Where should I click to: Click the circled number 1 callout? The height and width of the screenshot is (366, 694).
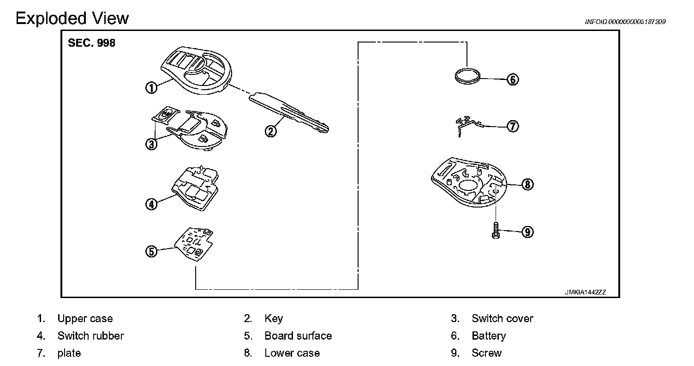coord(151,88)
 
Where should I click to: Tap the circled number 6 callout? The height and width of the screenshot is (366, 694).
coord(513,79)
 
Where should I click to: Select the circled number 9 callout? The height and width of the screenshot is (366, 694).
coord(527,232)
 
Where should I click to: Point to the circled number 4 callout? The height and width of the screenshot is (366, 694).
coord(151,204)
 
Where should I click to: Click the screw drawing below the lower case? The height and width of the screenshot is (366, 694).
coord(496,231)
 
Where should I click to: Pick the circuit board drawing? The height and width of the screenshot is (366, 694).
coord(194,244)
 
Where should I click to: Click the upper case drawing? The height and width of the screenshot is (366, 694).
coord(196,70)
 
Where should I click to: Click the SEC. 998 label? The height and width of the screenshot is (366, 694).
coord(91,43)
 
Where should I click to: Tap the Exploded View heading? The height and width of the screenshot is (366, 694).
coord(72,18)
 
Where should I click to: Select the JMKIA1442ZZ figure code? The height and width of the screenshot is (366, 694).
coord(585,292)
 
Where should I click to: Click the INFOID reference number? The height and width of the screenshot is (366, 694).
coord(625,22)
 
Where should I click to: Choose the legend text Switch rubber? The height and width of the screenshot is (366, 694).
coord(90,335)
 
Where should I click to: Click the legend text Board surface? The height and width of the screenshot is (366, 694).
coord(298,335)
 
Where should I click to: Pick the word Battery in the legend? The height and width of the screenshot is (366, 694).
coord(489,336)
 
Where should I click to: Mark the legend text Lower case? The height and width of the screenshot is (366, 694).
coord(292,353)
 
